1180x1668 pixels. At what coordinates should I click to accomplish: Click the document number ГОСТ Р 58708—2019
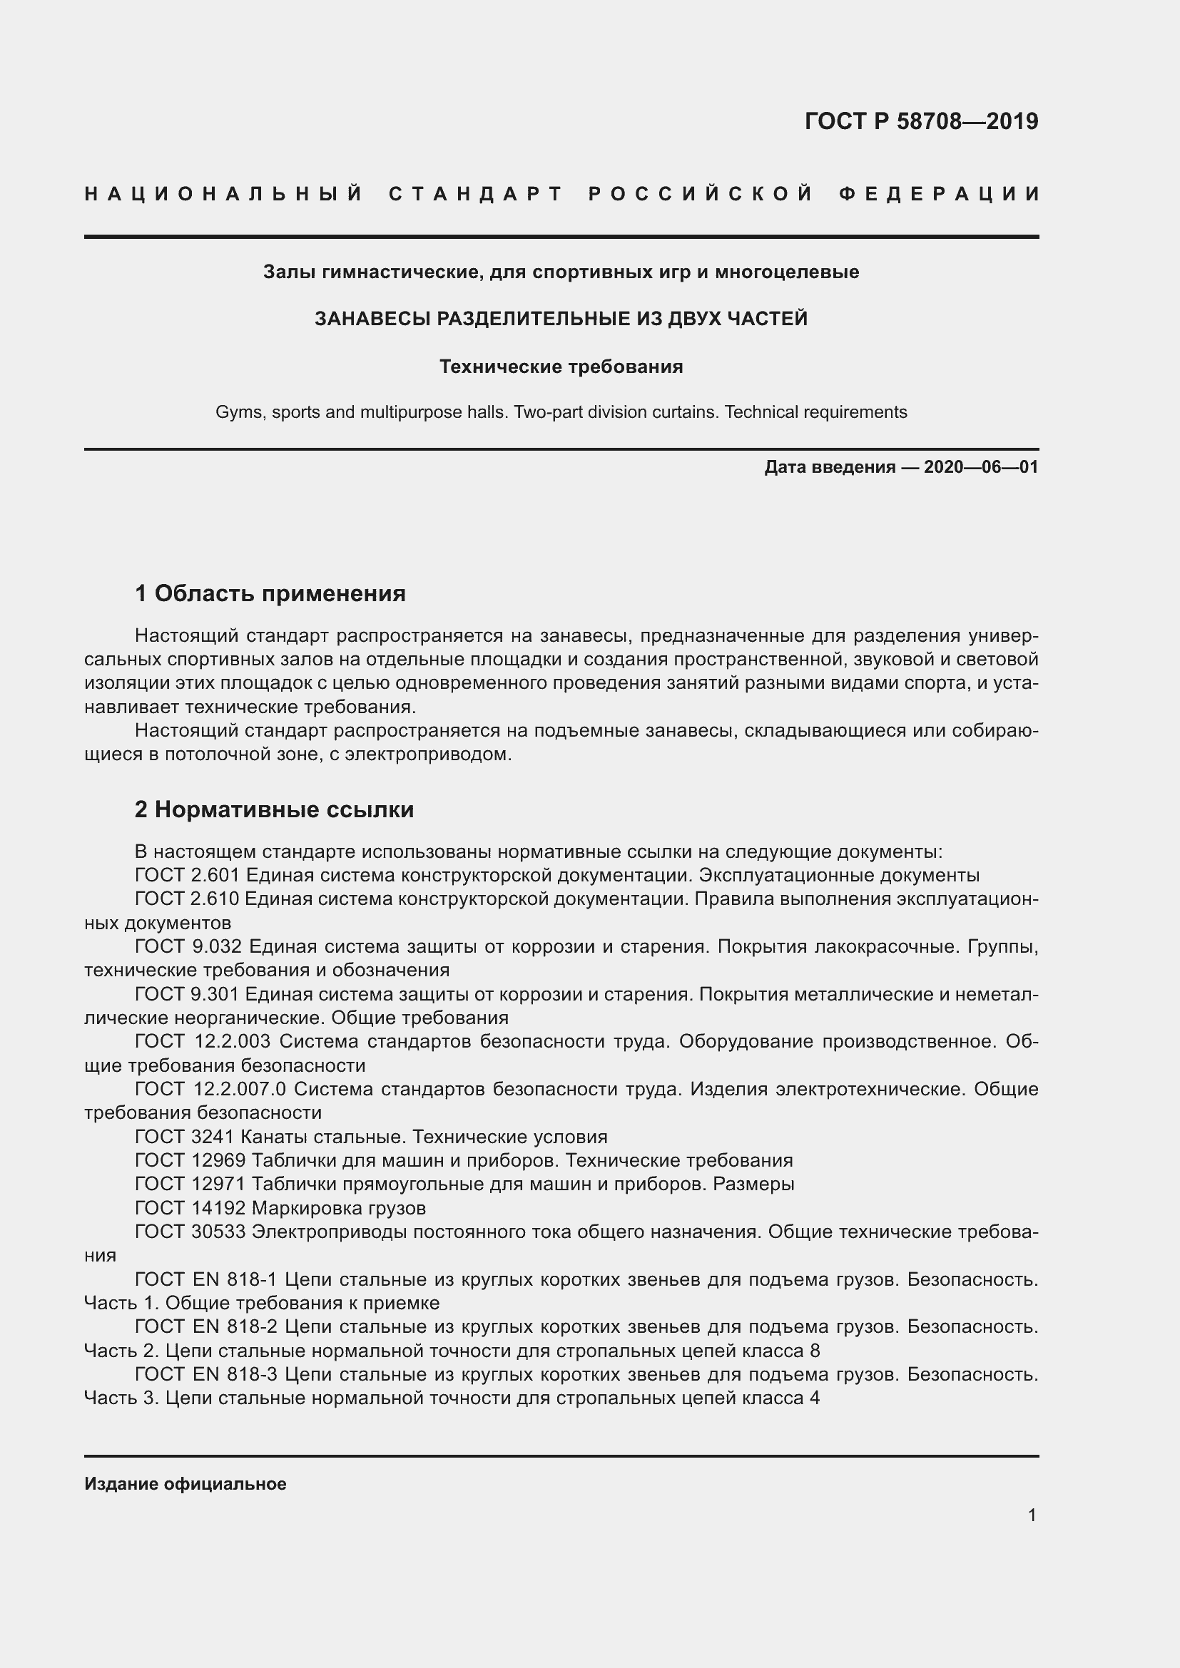[920, 121]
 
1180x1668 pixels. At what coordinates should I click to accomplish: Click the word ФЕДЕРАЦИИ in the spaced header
[940, 194]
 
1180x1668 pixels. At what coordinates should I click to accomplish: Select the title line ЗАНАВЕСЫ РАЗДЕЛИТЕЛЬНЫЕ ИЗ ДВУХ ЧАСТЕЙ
[561, 319]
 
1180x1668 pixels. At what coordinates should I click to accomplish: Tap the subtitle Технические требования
[561, 367]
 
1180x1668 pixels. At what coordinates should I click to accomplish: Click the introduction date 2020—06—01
[981, 467]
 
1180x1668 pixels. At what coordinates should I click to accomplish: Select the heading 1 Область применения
[270, 593]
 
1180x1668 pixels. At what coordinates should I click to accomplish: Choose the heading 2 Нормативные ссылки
[274, 809]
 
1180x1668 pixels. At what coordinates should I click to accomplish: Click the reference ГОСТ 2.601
[187, 876]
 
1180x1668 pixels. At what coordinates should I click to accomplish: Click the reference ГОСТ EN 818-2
[206, 1326]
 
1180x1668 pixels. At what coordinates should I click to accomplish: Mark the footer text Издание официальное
[185, 1484]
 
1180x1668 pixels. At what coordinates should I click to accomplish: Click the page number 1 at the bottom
[1032, 1515]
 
